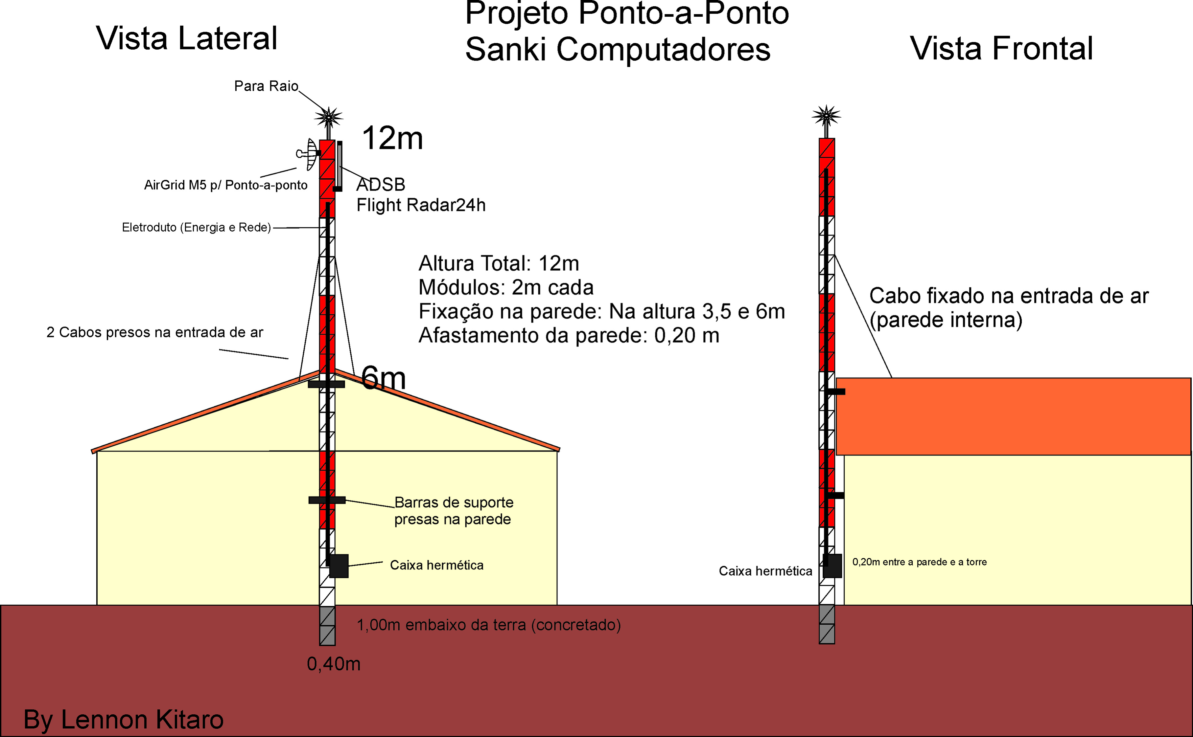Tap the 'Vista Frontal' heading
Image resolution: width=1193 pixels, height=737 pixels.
pos(1001,49)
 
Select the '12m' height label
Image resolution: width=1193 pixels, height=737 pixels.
pos(392,138)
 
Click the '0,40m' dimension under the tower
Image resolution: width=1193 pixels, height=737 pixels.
pos(334,664)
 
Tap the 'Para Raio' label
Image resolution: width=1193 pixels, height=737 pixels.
pos(266,86)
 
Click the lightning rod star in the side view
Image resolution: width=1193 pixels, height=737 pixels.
pos(328,117)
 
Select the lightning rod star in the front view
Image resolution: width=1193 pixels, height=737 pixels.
pos(826,116)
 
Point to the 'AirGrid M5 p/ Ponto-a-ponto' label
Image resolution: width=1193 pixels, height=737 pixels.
pos(226,185)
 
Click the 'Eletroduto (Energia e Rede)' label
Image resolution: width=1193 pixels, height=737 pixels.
pos(196,228)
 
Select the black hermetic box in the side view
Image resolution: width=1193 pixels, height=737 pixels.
pos(339,566)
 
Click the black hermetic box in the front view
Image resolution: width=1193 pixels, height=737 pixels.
pos(832,566)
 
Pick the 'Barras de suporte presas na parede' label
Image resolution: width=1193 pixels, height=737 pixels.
pos(454,511)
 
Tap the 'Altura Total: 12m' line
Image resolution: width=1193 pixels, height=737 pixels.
pos(499,264)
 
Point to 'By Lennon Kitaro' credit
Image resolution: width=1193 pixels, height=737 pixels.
pos(123,720)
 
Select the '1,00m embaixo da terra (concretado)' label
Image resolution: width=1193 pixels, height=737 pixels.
pos(489,625)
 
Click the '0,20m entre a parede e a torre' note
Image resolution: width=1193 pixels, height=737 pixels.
pos(919,562)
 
